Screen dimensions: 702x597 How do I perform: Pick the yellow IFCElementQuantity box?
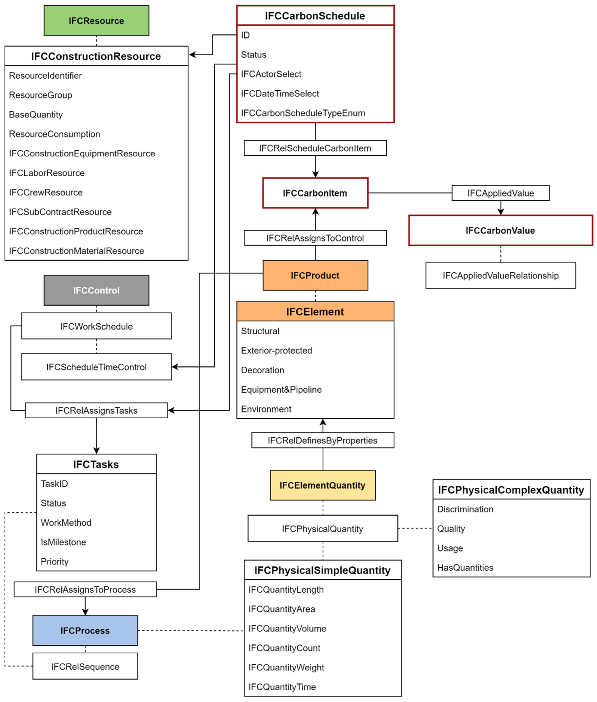tap(323, 485)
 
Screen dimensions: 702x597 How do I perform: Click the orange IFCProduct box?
tap(315, 275)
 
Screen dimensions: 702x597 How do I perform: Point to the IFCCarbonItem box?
tap(315, 193)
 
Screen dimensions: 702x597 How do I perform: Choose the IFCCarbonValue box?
tap(500, 231)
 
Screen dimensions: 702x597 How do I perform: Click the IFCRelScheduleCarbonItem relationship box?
tap(315, 148)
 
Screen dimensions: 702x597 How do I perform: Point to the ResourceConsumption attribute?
tap(54, 134)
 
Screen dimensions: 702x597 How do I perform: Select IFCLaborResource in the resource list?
tap(47, 173)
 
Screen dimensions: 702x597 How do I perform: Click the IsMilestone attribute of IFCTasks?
tap(63, 542)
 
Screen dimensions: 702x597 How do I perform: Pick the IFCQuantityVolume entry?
tap(287, 629)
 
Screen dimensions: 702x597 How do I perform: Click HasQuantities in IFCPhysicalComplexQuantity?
tap(465, 568)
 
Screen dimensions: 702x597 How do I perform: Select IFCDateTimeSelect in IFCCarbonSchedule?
tap(280, 93)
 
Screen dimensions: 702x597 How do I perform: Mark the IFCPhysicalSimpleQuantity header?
tap(323, 570)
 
